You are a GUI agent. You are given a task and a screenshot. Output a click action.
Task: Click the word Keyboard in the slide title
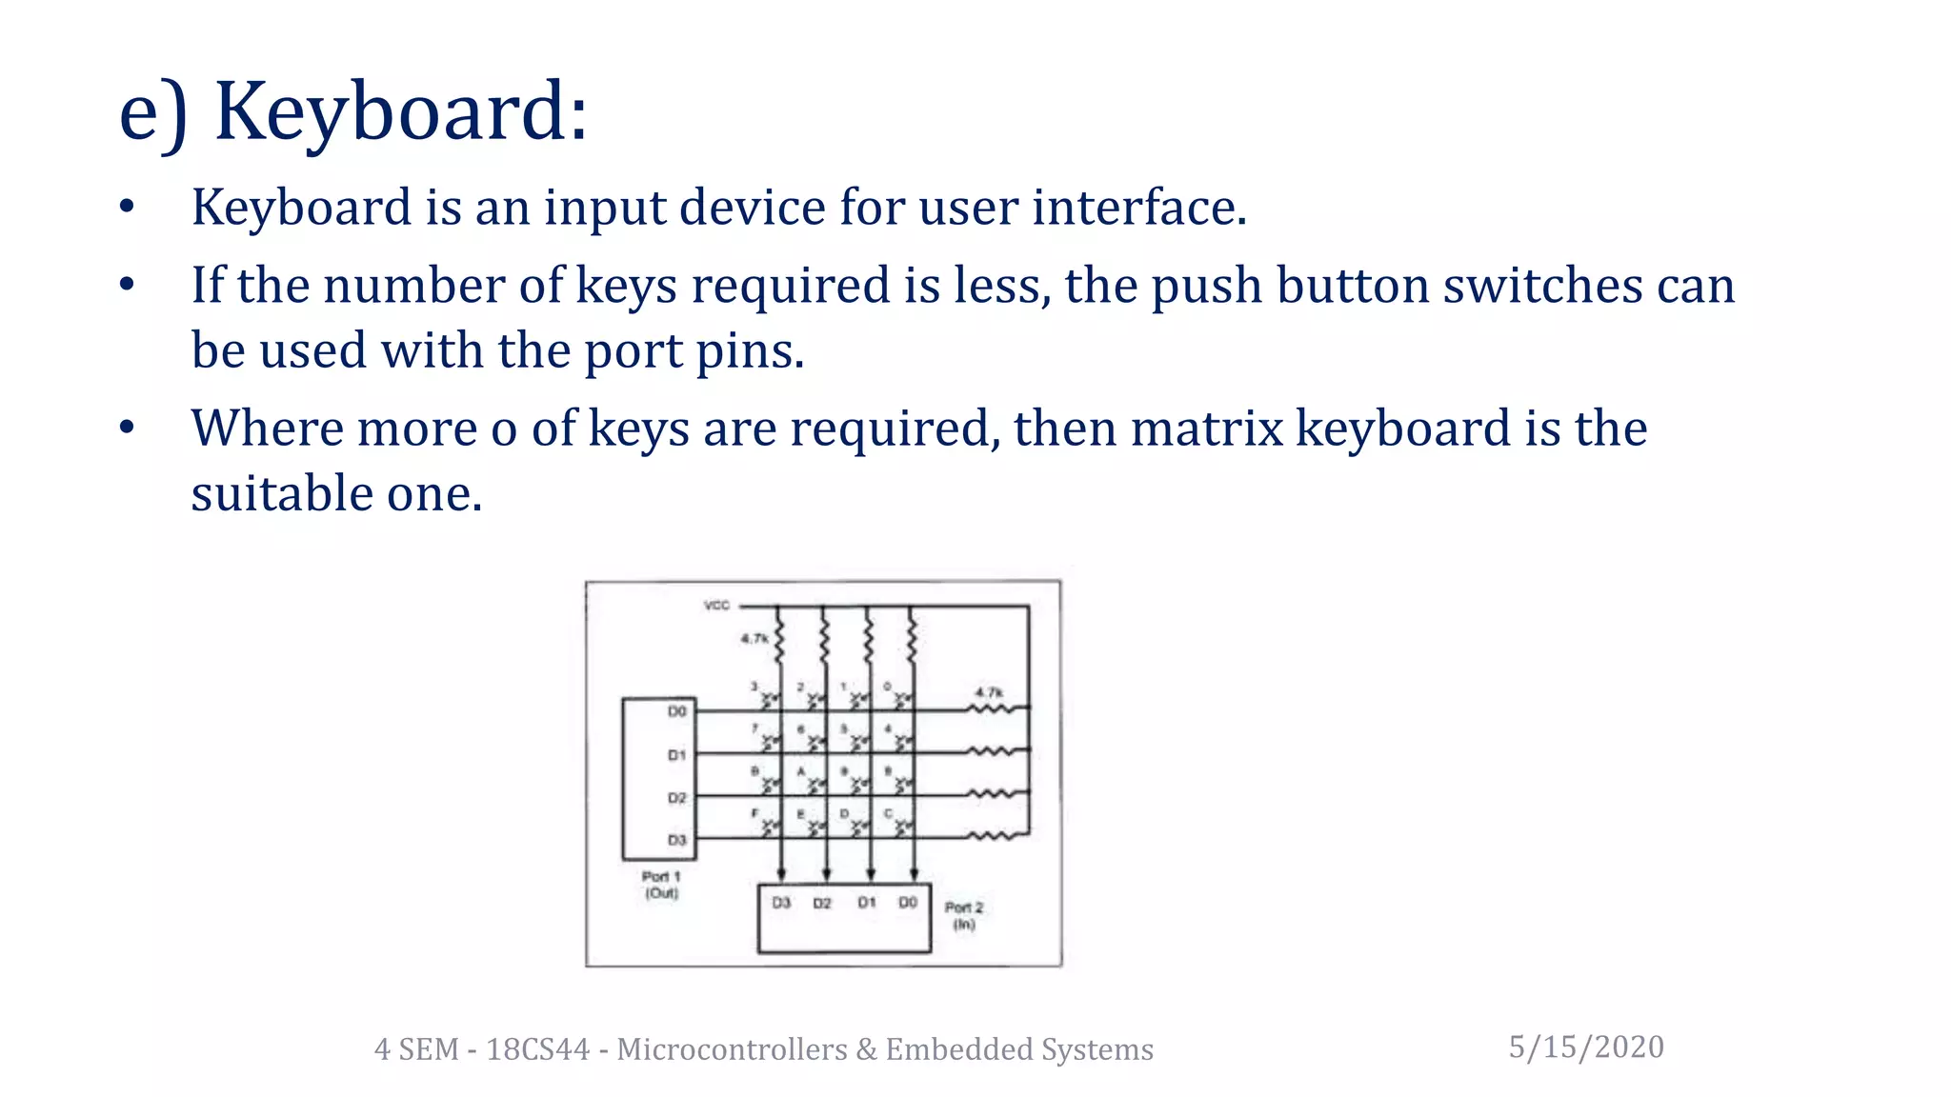400,112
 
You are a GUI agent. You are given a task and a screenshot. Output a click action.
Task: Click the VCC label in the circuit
716,606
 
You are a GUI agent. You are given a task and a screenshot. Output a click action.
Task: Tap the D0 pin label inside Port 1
676,711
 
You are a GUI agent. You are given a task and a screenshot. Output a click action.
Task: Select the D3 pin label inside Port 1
676,840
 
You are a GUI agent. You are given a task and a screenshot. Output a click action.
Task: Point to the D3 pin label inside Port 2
781,902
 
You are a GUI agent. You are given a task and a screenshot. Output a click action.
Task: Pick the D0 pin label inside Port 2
908,902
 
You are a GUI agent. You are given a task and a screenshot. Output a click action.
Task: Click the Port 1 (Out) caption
661,885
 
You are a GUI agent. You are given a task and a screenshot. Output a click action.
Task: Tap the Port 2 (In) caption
964,915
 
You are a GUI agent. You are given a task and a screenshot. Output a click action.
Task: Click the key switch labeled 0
902,700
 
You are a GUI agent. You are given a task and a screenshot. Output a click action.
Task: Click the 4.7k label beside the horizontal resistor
988,692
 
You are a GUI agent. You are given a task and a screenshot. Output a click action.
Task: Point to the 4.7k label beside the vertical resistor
754,638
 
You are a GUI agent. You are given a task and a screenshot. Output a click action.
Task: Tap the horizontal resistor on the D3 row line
991,837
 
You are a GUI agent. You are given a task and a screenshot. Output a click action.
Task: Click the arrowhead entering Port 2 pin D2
826,874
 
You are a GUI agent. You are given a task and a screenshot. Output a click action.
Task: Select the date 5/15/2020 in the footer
1586,1047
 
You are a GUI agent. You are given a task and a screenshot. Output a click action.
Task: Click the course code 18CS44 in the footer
538,1048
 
